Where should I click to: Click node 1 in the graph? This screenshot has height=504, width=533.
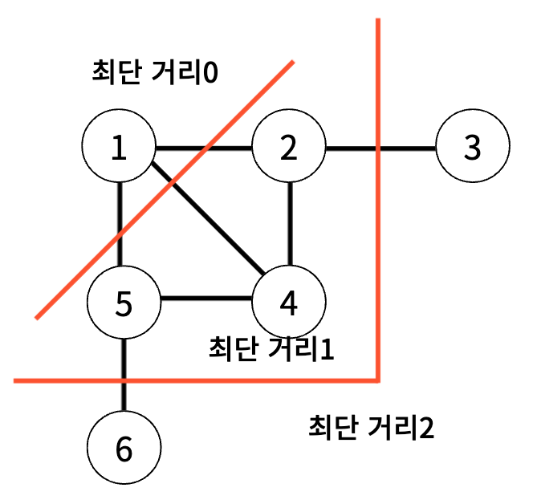[119, 148]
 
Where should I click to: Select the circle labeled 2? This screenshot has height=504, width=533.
[289, 148]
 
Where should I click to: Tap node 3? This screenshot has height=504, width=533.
[473, 148]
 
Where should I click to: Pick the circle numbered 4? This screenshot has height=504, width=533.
[289, 301]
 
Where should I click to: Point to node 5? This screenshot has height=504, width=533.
[123, 302]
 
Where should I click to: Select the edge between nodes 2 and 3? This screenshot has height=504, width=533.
[353, 148]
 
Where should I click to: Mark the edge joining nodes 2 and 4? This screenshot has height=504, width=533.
[290, 225]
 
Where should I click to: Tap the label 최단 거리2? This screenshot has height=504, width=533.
[371, 427]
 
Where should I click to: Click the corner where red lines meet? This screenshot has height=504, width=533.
[377, 378]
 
